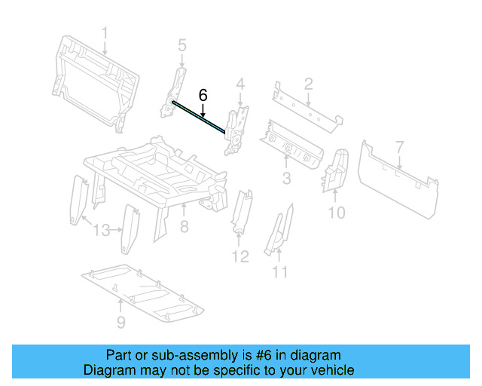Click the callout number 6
203,95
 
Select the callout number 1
105,33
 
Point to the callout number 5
182,47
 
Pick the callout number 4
240,83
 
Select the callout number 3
286,178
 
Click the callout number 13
102,230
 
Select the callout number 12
239,257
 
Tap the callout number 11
280,271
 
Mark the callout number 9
121,323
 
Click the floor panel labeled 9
143,290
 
